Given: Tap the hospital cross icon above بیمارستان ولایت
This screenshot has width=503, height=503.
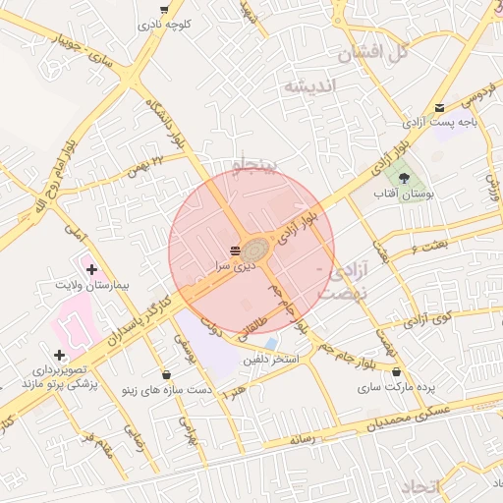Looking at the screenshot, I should (91, 268).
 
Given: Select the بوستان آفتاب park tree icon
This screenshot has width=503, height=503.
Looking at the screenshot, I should (405, 177).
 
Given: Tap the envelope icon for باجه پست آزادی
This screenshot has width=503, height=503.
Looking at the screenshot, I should (439, 108).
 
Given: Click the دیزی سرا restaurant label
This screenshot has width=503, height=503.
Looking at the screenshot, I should (236, 265).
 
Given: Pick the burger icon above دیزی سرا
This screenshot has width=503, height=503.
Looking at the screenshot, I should (236, 251).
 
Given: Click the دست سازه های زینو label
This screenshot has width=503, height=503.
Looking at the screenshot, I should (166, 390).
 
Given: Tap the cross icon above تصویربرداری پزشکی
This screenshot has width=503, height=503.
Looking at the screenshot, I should (60, 355).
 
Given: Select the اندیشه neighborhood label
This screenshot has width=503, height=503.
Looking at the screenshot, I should (310, 86).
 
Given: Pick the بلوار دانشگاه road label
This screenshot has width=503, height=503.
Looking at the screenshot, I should (164, 123).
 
